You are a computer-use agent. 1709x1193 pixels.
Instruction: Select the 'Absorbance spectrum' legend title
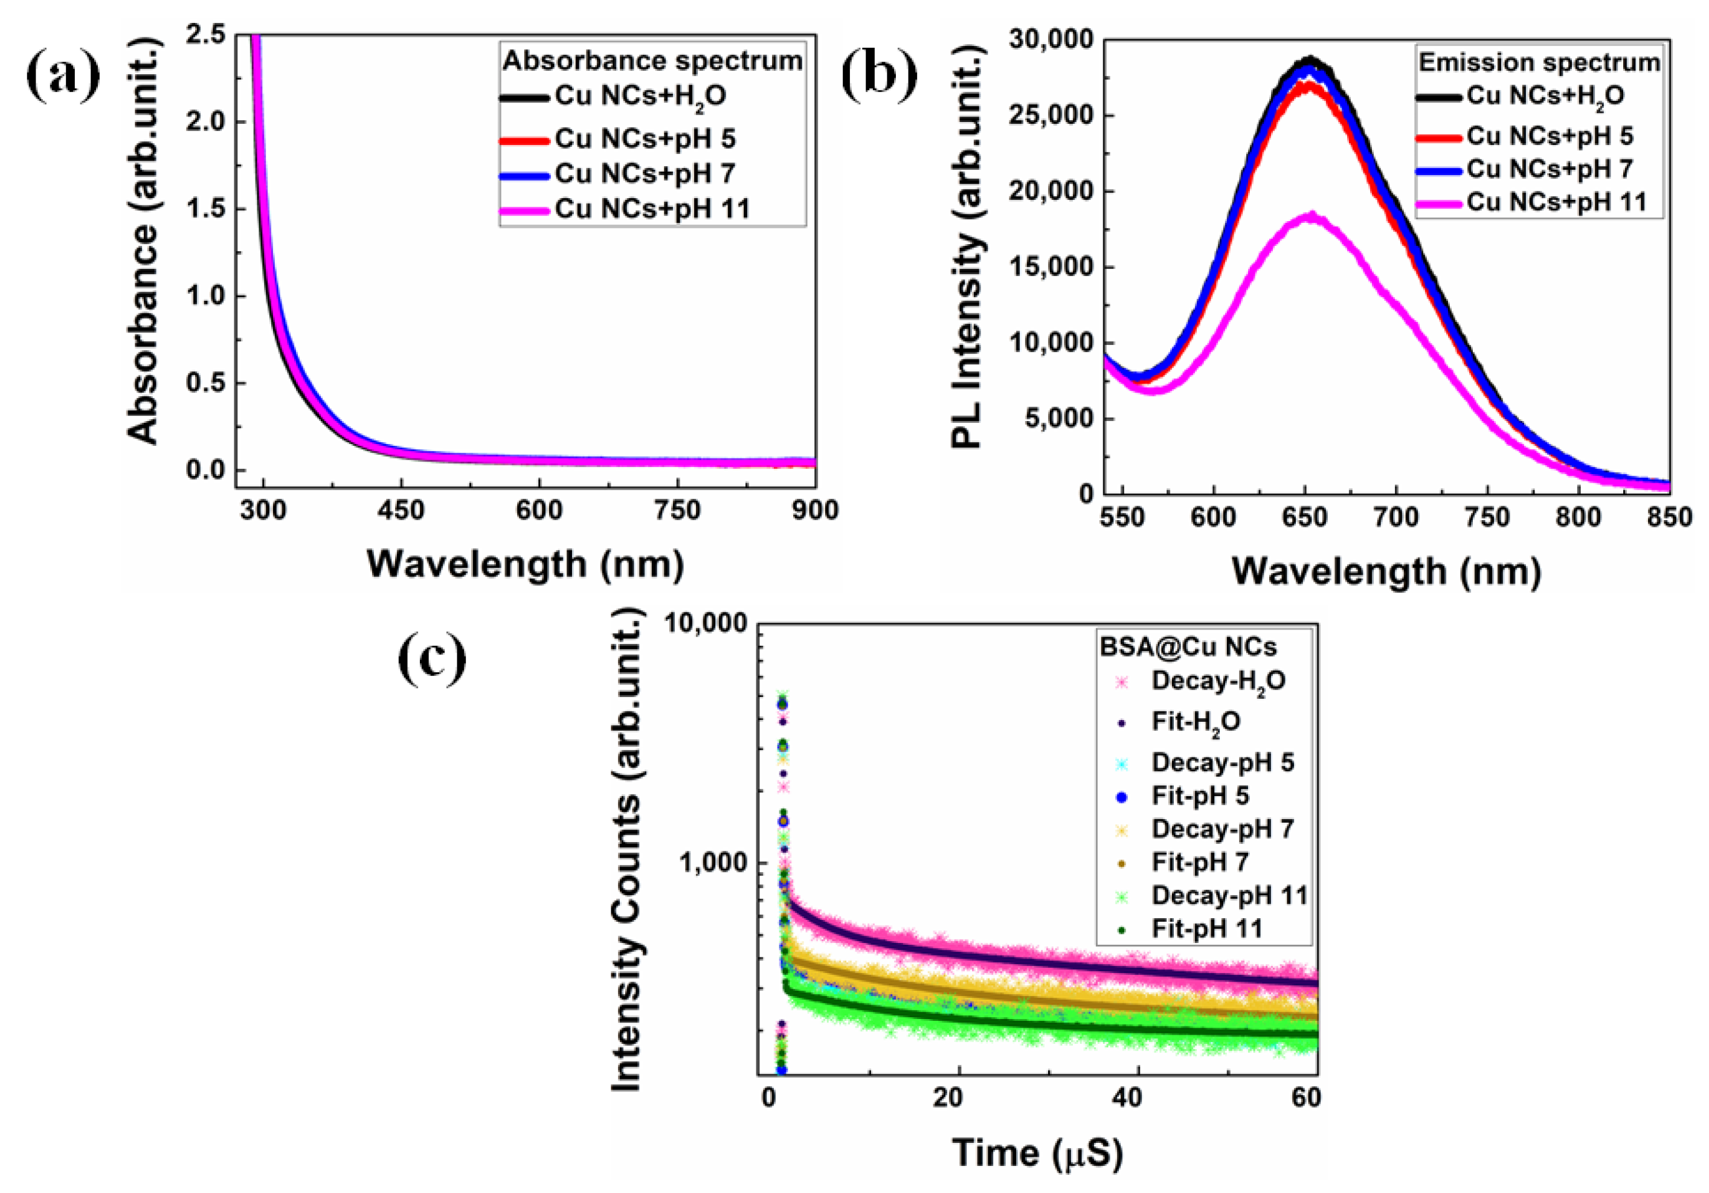(652, 60)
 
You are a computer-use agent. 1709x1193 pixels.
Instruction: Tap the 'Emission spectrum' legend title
(1539, 62)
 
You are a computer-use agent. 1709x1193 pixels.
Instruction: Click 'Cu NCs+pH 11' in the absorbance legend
(652, 209)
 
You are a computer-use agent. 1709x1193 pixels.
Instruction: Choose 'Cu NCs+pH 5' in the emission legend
(1550, 136)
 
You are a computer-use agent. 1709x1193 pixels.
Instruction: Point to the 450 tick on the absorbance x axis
(401, 510)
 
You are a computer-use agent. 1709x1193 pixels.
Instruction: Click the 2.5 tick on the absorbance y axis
(205, 34)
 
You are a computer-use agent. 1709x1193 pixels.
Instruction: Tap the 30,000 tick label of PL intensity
(1051, 39)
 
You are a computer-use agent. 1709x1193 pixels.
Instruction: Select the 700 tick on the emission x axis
(1395, 517)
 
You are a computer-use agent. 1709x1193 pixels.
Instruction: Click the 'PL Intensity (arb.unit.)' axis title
(968, 246)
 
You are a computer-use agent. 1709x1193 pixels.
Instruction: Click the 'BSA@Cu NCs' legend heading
(1188, 647)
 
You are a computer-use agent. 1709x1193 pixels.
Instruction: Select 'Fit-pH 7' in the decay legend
(1200, 862)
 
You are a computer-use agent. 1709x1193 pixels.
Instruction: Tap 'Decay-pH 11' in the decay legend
(1230, 895)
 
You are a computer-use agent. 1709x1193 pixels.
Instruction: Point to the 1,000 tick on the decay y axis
(712, 863)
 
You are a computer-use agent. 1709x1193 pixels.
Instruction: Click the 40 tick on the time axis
(1128, 1098)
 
